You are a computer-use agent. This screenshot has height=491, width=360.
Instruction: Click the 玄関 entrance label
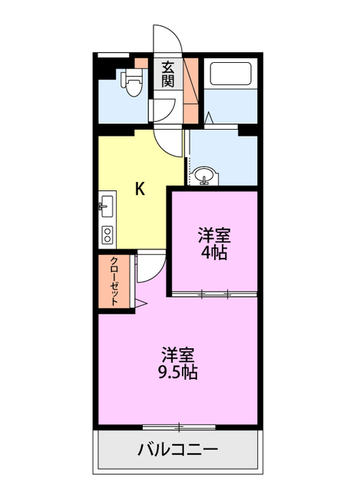(167, 74)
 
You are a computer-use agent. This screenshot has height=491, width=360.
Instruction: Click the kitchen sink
(106, 206)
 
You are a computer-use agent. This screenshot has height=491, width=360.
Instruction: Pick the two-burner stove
(107, 233)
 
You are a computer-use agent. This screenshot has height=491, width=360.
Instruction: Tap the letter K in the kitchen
(140, 189)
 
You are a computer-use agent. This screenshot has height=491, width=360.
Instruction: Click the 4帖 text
(214, 252)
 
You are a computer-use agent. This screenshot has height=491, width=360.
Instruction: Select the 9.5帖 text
(178, 373)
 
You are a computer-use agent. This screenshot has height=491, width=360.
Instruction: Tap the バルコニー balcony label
(178, 450)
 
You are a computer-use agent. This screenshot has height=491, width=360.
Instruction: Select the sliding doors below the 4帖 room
(214, 294)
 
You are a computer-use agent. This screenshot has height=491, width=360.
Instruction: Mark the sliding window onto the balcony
(178, 424)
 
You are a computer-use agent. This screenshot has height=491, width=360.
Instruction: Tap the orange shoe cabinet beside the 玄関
(191, 88)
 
